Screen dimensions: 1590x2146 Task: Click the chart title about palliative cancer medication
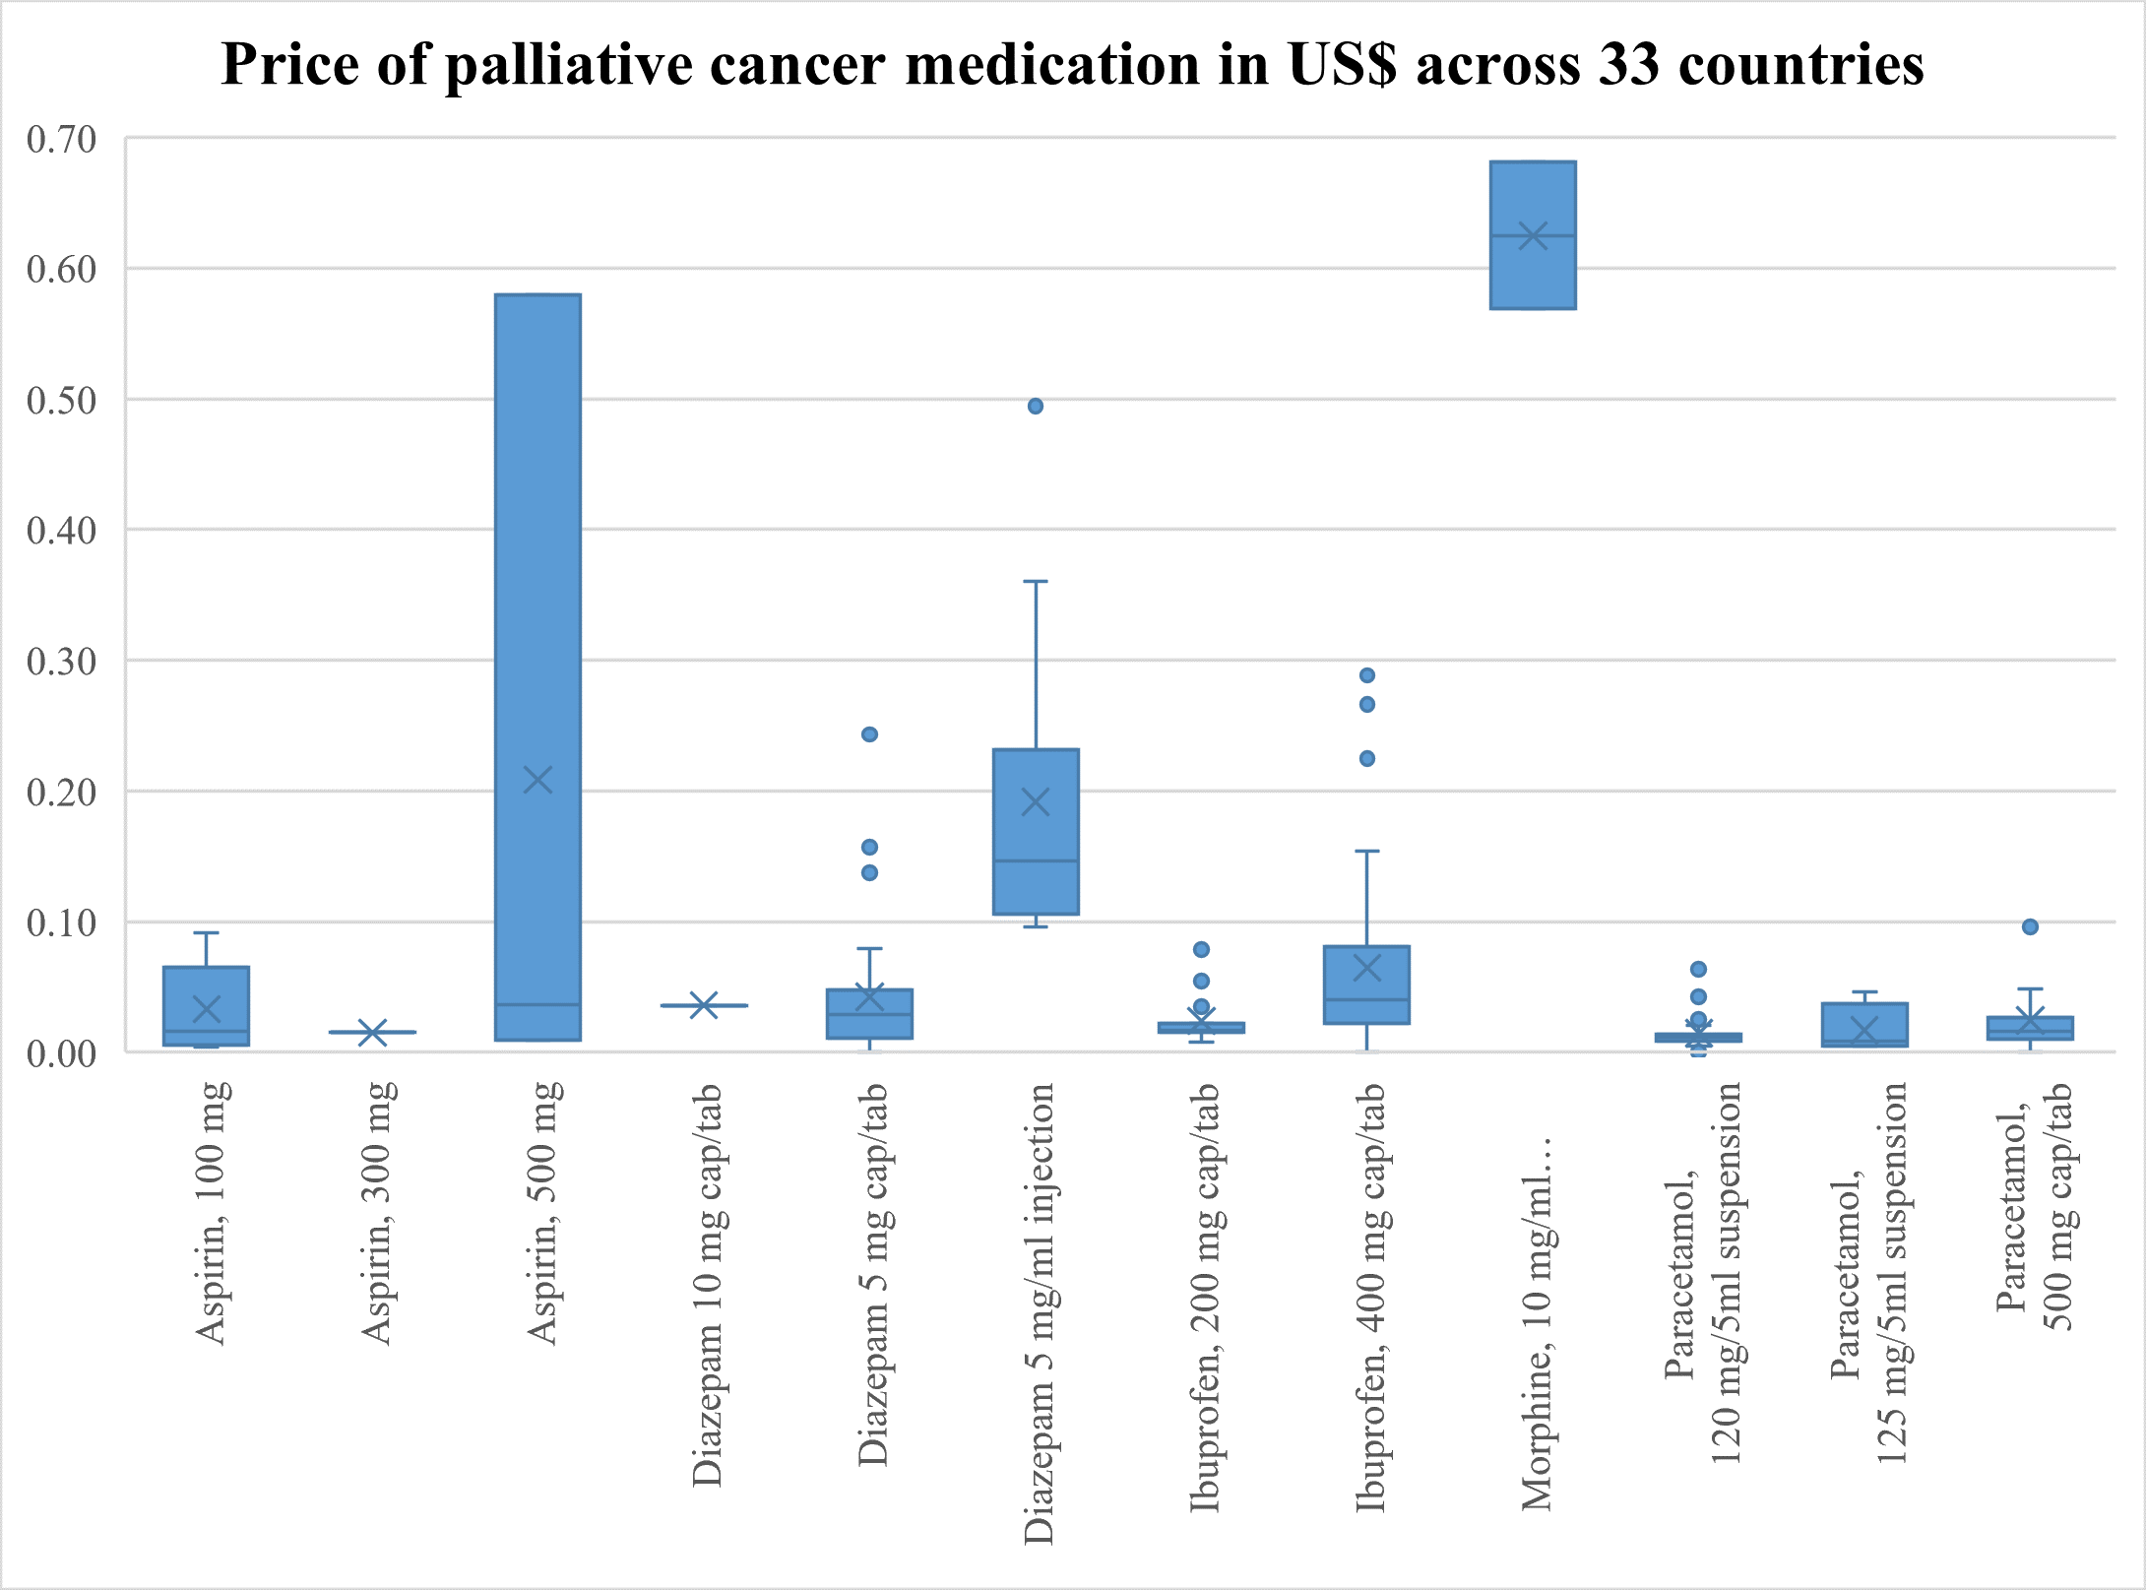point(1072,65)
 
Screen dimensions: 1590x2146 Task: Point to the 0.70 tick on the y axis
point(62,140)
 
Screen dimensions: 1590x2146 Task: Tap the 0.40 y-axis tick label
point(62,532)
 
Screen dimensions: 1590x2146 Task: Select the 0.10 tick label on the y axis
point(62,923)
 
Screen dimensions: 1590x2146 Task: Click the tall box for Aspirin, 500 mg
point(537,591)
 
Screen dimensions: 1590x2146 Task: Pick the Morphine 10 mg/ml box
point(1533,276)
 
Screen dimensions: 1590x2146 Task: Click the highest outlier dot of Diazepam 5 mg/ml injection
point(1036,407)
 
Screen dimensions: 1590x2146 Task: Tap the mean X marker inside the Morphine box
point(1533,235)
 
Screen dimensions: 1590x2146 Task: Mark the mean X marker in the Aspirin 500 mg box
point(537,781)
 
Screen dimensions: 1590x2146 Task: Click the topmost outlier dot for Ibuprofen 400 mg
point(1367,675)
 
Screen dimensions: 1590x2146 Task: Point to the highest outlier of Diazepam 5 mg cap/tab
point(870,734)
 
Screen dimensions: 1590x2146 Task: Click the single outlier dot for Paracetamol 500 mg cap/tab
point(2030,926)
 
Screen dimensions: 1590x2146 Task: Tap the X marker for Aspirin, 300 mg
point(372,1033)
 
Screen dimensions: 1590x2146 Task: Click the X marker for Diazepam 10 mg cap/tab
point(704,1005)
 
